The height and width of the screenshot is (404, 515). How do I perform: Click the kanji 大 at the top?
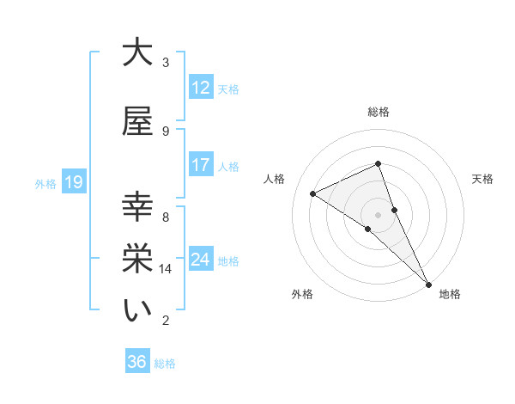pyautogui.click(x=137, y=53)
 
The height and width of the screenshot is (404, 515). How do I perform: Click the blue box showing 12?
pyautogui.click(x=200, y=88)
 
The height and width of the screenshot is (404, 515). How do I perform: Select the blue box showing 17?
pyautogui.click(x=200, y=165)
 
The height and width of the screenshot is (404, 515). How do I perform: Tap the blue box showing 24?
pyautogui.click(x=200, y=260)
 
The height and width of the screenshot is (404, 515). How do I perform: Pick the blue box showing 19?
pyautogui.click(x=73, y=182)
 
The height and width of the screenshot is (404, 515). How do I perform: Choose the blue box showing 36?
pyautogui.click(x=136, y=362)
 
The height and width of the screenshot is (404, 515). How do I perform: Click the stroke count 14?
pyautogui.click(x=166, y=269)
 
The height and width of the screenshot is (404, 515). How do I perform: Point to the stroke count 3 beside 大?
pyautogui.click(x=166, y=63)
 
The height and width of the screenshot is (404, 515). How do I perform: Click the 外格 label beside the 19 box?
pyautogui.click(x=45, y=183)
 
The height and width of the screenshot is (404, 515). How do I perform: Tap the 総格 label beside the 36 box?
pyautogui.click(x=165, y=364)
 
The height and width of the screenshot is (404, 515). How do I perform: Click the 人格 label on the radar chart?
pyautogui.click(x=275, y=179)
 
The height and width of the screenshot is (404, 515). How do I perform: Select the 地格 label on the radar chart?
pyautogui.click(x=450, y=294)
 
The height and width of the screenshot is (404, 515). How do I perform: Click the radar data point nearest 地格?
pyautogui.click(x=428, y=283)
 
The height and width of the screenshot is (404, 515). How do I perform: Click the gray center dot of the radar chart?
pyautogui.click(x=378, y=214)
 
